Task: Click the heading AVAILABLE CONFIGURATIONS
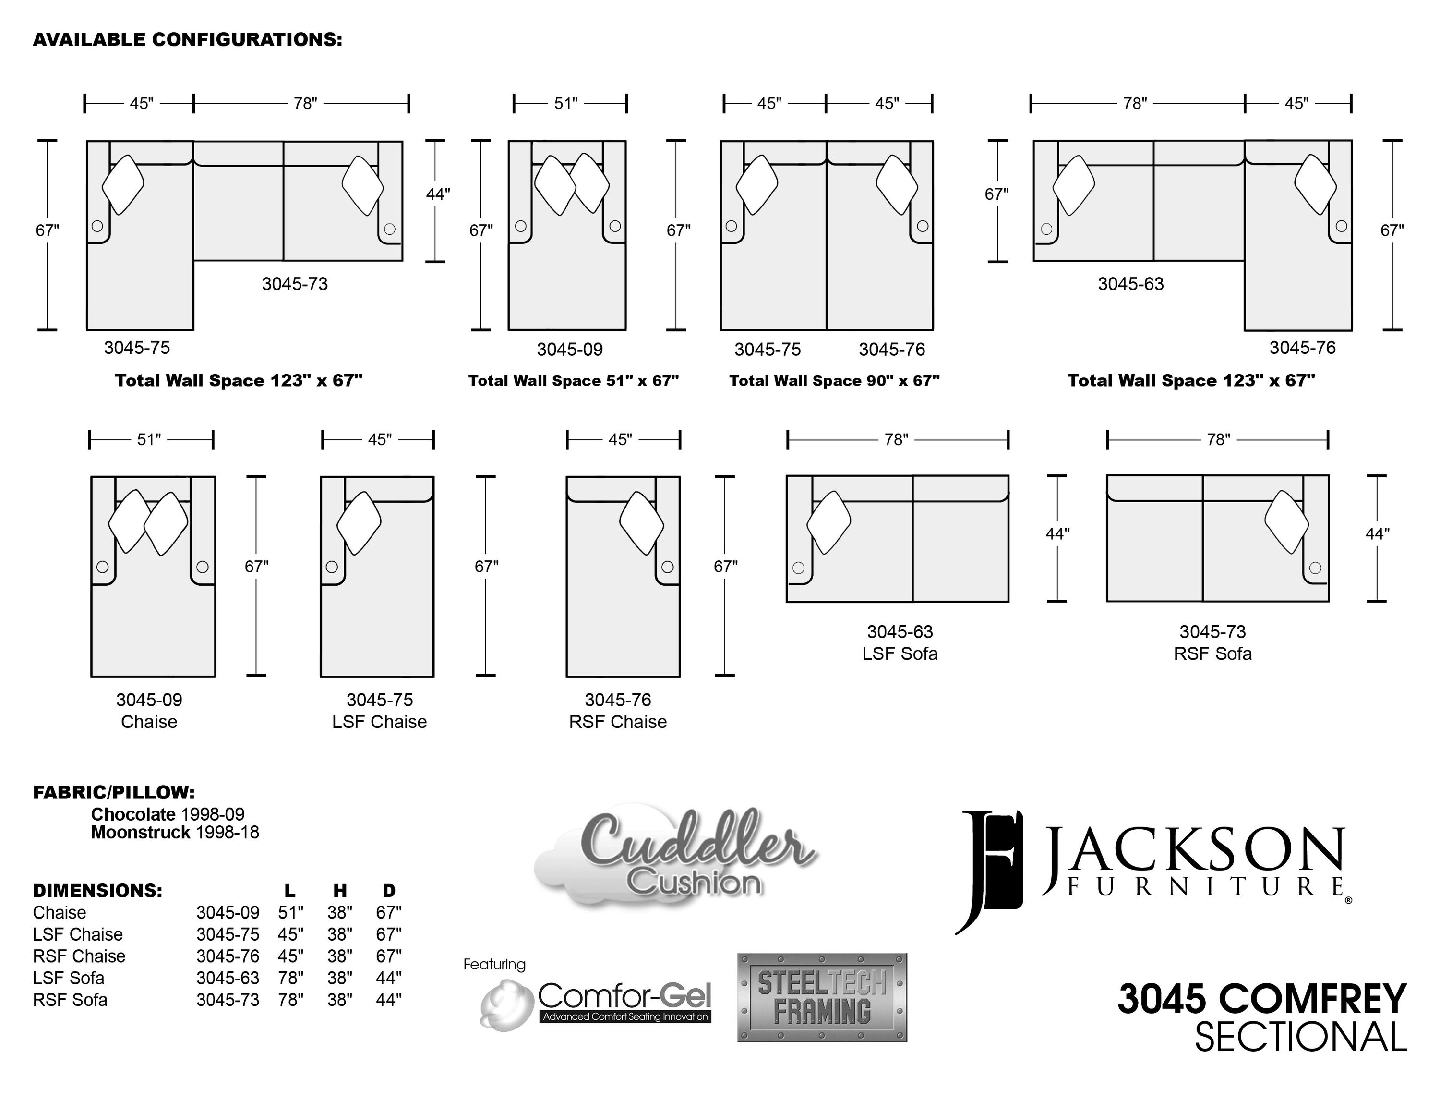[x=188, y=39]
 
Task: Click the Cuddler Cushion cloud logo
[x=676, y=857]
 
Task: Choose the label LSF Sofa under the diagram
[x=900, y=653]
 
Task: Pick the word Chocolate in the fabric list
[x=133, y=814]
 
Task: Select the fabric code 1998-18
[x=228, y=832]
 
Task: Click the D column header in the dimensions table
[x=389, y=891]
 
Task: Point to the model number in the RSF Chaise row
[x=228, y=956]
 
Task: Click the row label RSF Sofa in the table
[x=70, y=1000]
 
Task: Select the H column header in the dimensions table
[x=339, y=891]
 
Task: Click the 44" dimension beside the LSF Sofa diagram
[x=1057, y=533]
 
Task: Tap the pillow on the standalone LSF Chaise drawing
[x=359, y=523]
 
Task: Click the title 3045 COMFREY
[x=1262, y=999]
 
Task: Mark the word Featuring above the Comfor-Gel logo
[x=494, y=965]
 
